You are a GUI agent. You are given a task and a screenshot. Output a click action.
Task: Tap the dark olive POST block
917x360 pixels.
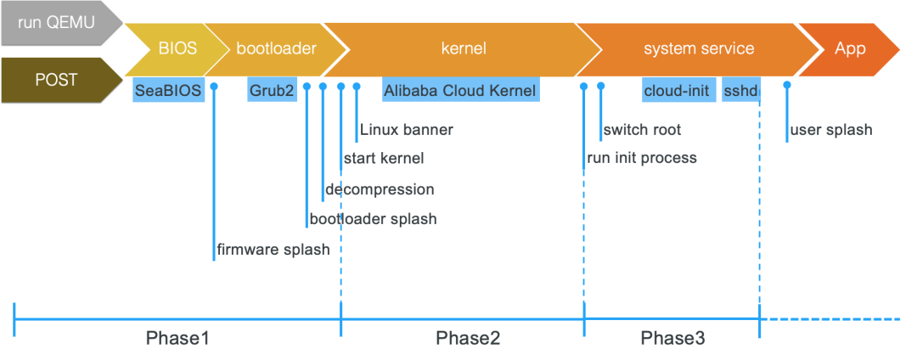(x=55, y=80)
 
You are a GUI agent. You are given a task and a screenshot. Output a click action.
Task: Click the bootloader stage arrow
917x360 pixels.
(x=275, y=48)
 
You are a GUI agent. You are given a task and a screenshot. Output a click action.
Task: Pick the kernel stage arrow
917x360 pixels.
(x=464, y=48)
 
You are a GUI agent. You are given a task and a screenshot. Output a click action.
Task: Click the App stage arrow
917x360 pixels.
(x=849, y=48)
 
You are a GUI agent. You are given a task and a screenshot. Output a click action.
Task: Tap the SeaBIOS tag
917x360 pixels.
(x=168, y=90)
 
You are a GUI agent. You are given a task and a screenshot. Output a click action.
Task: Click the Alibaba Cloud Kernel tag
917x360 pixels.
(x=460, y=90)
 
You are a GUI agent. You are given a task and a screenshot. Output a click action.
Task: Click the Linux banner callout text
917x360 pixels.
(x=406, y=130)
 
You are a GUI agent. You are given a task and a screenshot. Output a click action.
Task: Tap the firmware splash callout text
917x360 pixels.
(x=273, y=250)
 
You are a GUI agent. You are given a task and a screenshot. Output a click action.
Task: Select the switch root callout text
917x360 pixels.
(x=641, y=130)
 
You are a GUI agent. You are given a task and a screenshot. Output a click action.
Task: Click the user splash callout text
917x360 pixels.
(x=830, y=130)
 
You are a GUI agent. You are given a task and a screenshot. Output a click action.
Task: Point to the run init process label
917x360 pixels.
(x=642, y=158)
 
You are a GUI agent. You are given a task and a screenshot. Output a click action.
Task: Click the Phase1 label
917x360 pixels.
(x=177, y=338)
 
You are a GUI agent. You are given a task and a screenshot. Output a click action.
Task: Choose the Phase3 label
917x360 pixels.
(x=672, y=338)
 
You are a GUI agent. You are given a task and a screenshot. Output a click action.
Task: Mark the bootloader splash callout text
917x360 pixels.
(x=373, y=219)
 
